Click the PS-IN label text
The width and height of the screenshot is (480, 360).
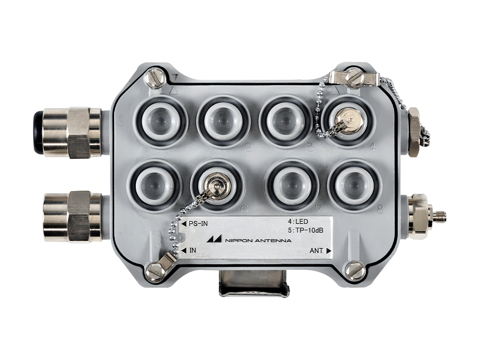[198, 224]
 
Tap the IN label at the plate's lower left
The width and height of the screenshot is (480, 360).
[192, 251]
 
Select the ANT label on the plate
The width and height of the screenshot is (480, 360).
[316, 251]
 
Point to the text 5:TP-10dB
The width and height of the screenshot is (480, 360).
[305, 230]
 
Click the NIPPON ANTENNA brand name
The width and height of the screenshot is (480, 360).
[258, 240]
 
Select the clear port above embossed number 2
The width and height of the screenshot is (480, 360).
[223, 120]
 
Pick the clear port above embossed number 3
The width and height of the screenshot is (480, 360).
[285, 120]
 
